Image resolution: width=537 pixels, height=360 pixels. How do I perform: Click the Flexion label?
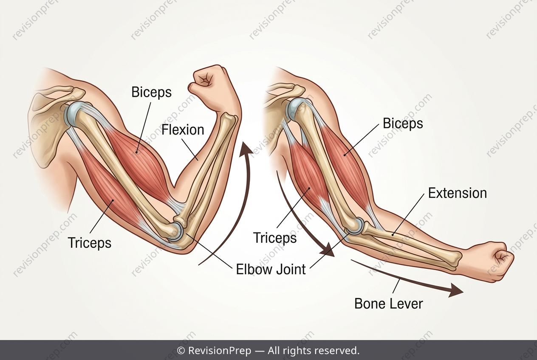(x=183, y=130)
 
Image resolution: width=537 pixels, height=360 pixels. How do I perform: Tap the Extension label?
(x=458, y=193)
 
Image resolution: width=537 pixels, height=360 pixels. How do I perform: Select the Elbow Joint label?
(x=271, y=269)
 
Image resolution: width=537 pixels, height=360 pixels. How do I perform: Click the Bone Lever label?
(x=389, y=304)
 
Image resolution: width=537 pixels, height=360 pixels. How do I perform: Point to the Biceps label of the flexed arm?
(x=152, y=92)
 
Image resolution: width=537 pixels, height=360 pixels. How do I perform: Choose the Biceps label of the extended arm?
(x=403, y=124)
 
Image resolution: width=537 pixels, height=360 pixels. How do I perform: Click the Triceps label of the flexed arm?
(x=90, y=243)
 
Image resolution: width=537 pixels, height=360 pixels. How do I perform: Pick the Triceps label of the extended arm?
(x=275, y=238)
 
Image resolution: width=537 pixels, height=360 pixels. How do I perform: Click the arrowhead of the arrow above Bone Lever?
(x=455, y=290)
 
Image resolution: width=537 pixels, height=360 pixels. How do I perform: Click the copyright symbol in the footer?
(x=181, y=351)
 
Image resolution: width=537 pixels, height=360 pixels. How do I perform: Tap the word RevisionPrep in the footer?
(x=220, y=351)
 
